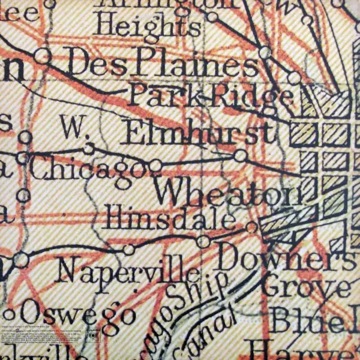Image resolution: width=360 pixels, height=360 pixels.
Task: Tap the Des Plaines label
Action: tap(163, 61)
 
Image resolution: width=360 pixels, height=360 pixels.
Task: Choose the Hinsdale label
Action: tap(171, 219)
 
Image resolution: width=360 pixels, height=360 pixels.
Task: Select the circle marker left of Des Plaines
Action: tap(42, 56)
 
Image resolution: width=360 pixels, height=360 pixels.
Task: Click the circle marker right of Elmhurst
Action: tap(240, 156)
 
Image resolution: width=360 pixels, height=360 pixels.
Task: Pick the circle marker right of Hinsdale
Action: tap(252, 227)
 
